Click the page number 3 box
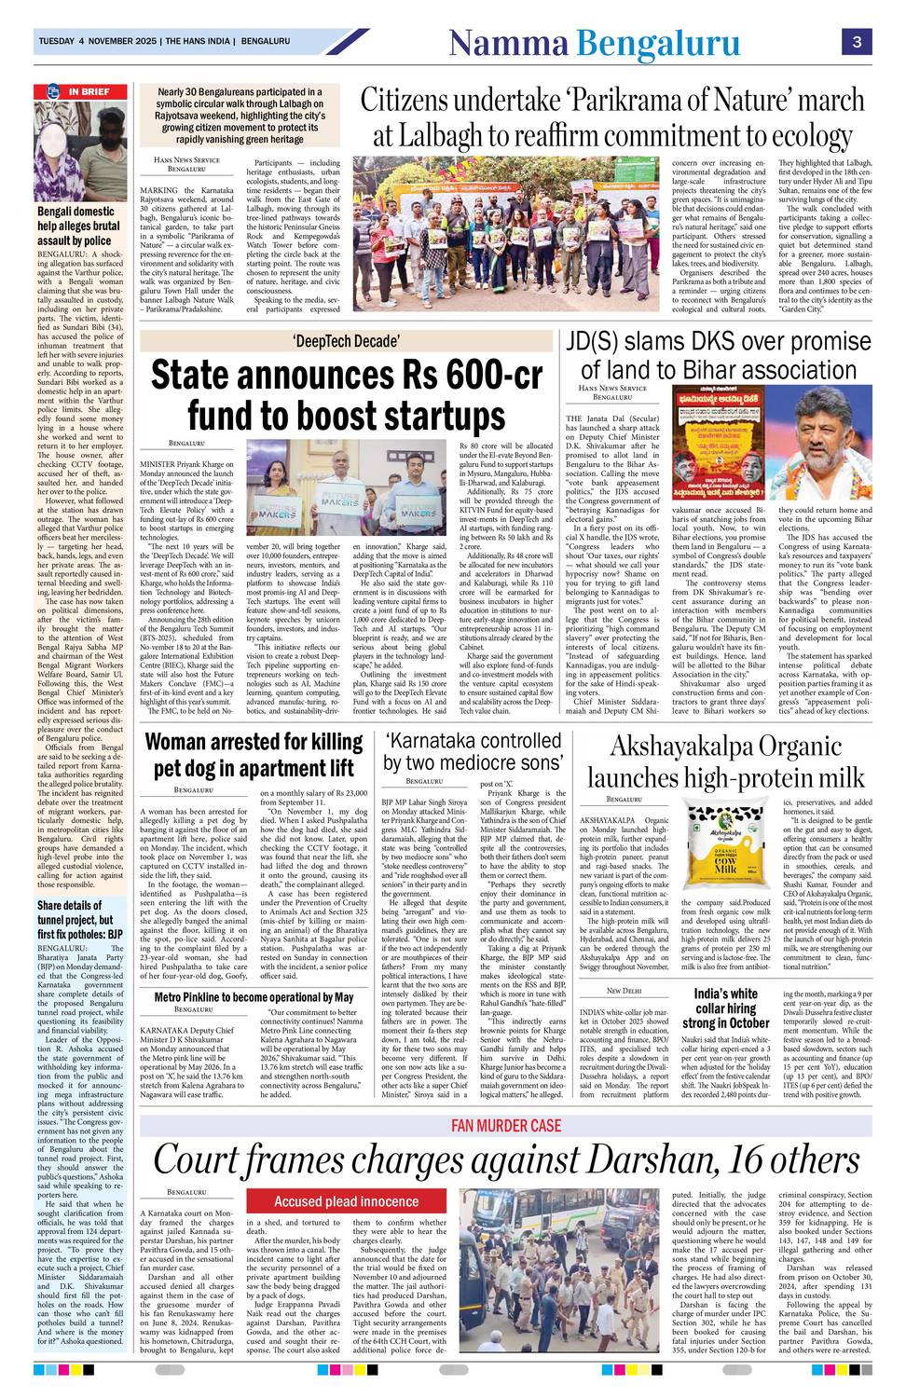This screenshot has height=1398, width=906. [x=856, y=42]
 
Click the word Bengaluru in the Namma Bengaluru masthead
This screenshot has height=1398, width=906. [x=658, y=43]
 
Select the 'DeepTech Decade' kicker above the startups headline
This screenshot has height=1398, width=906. [x=346, y=341]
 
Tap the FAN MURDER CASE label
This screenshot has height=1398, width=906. [x=506, y=1126]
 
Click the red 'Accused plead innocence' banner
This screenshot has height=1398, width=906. [x=346, y=1201]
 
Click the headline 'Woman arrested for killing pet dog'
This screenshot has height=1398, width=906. [x=254, y=755]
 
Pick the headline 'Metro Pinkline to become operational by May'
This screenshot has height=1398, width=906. [x=254, y=997]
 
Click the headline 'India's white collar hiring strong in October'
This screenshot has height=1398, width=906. [x=726, y=1007]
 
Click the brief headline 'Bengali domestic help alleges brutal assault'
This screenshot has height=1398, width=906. [x=79, y=226]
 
